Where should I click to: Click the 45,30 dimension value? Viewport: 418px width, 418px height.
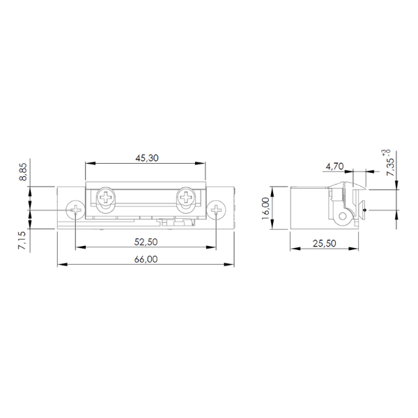click(x=147, y=158)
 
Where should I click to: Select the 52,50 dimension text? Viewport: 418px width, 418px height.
click(x=146, y=242)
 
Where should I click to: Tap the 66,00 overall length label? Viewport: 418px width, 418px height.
click(x=146, y=259)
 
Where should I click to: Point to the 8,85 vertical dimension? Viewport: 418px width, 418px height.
click(x=23, y=172)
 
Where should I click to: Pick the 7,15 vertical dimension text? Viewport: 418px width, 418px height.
click(x=22, y=240)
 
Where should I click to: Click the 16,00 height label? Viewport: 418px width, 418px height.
click(x=266, y=208)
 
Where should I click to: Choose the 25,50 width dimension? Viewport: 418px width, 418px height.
click(x=324, y=243)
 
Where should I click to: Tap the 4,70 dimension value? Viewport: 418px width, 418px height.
click(x=334, y=167)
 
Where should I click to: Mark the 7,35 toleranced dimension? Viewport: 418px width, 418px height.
click(x=390, y=167)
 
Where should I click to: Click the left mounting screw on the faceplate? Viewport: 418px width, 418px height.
click(x=75, y=210)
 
